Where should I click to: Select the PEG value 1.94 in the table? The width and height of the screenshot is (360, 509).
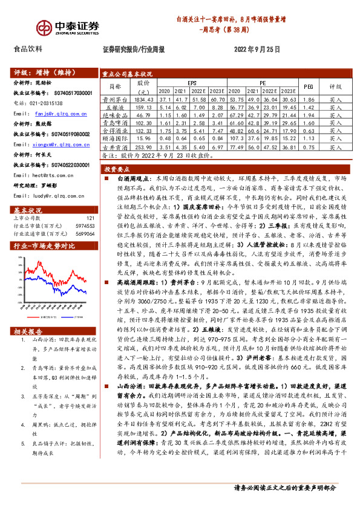[308, 114]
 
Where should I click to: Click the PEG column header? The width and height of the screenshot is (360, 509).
[308, 86]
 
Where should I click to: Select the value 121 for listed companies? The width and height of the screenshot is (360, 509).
[90, 218]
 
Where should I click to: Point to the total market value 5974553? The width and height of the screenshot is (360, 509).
[84, 225]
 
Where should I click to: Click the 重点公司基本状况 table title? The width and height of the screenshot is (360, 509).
[126, 71]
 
